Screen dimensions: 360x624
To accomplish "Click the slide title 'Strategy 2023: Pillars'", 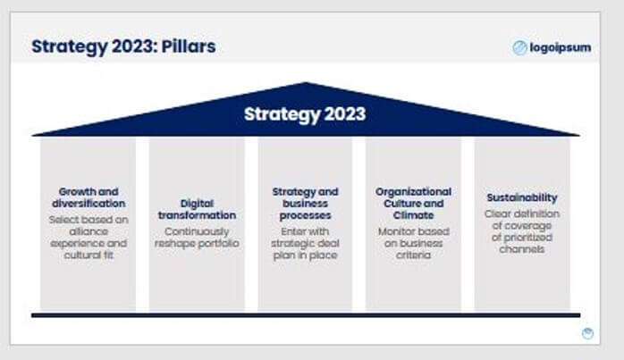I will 123,46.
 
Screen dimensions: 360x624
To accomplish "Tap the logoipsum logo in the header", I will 552,48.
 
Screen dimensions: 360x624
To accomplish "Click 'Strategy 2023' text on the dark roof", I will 305,114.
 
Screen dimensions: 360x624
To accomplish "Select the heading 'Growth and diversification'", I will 89,197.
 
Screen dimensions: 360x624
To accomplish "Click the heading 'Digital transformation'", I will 197,209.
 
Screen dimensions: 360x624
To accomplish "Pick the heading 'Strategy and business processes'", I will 305,203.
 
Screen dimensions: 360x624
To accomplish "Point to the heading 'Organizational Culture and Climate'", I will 413,203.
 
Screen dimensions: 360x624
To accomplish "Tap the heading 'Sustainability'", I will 522,197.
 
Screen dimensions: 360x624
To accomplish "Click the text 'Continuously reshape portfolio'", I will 197,237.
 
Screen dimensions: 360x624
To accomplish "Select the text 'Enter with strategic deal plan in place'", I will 305,243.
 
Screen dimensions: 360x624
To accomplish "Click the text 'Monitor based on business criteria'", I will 413,243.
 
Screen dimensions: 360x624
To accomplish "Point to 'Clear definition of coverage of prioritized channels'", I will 522,230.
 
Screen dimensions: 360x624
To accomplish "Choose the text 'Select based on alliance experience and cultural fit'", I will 89,237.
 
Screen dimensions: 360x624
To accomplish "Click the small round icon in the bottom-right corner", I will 587,333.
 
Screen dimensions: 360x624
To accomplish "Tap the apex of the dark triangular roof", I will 307,85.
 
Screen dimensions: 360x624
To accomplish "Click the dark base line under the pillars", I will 305,314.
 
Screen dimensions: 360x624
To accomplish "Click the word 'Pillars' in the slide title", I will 189,46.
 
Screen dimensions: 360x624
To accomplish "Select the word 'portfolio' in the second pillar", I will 218,243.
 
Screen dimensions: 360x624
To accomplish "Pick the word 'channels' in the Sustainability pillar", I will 522,249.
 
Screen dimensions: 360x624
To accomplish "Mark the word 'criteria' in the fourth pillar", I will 413,255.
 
